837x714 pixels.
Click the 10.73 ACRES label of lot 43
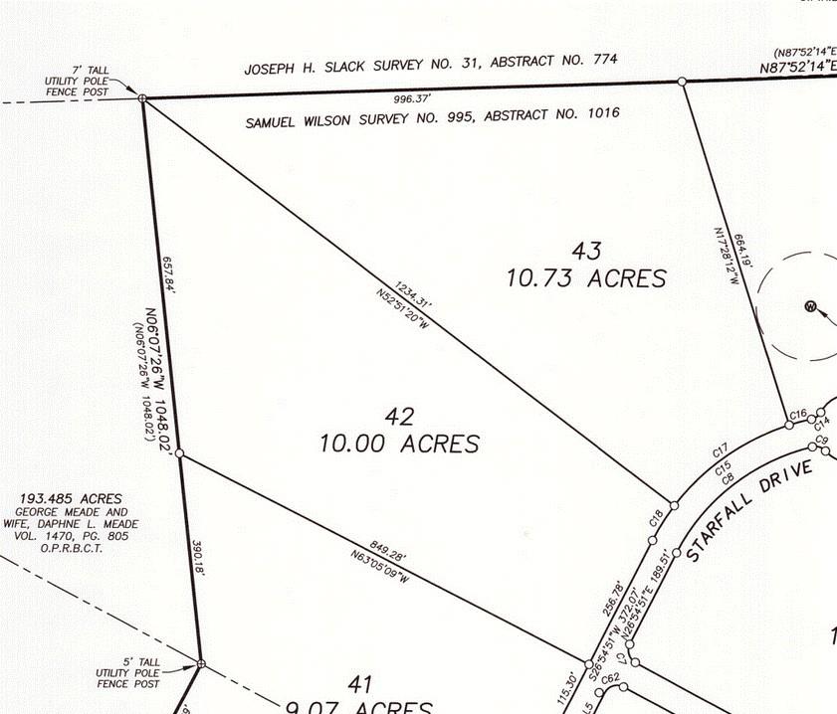[586, 277]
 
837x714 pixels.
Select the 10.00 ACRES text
[399, 443]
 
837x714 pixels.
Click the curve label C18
[656, 518]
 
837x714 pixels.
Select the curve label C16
[796, 413]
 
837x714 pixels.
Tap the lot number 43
[585, 250]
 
